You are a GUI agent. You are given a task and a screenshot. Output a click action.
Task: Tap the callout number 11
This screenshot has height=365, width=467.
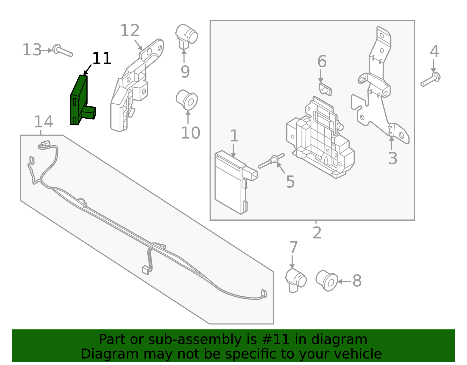point(102,59)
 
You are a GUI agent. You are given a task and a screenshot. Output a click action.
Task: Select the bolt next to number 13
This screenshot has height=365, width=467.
point(62,51)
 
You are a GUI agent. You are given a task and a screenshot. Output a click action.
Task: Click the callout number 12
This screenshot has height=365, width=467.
point(130,31)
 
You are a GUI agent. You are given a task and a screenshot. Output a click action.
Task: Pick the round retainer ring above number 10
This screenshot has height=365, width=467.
point(187,100)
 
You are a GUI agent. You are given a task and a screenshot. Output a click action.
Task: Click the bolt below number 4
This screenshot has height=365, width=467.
point(431,80)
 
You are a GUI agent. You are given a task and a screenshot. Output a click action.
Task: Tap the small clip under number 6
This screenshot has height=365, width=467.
point(325,89)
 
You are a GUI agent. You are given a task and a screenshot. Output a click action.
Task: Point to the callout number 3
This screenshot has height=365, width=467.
point(393,158)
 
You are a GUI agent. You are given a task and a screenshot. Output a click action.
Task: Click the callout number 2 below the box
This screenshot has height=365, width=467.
point(317,233)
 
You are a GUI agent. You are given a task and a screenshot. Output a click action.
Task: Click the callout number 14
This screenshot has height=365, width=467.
point(43,122)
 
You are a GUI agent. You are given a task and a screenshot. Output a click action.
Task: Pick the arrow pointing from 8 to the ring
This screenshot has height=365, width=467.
point(344,282)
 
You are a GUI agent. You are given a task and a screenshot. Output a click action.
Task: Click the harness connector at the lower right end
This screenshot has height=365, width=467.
point(264,293)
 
